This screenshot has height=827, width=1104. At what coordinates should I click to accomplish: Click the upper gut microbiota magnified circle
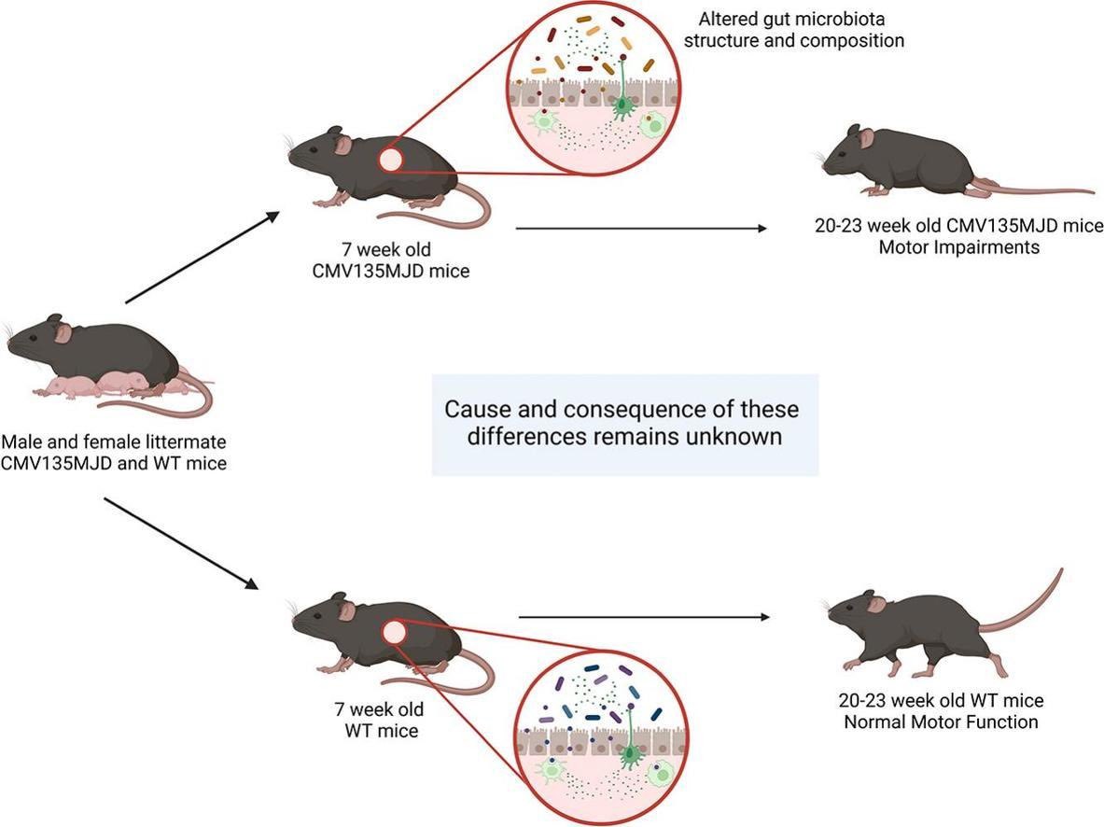pos(597,93)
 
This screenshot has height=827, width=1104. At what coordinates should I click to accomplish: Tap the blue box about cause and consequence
pos(624,424)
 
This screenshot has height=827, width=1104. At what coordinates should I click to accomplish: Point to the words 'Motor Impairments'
pos(957,248)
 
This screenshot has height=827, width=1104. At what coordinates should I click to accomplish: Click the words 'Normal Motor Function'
pos(941,722)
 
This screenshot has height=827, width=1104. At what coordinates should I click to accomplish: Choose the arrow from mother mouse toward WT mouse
pos(183,543)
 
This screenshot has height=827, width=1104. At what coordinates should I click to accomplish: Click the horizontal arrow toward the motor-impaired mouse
pos(643,227)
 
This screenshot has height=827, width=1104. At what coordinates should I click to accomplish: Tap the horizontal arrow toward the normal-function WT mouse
pos(644,616)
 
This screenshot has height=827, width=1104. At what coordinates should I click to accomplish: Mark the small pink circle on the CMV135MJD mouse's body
pos(391,161)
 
